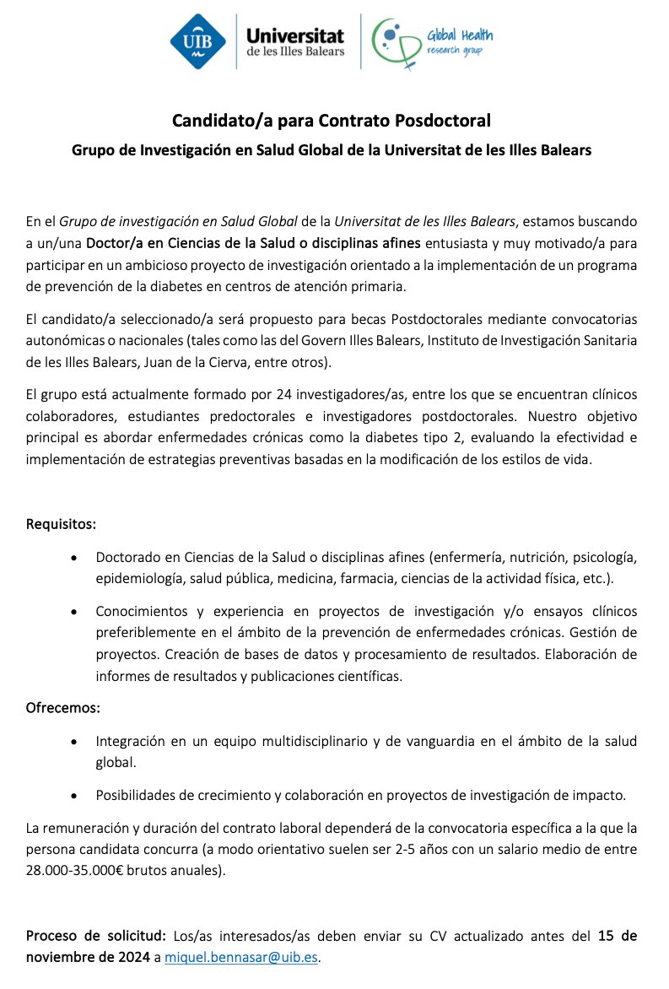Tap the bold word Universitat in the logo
[294, 35]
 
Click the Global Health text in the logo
[460, 35]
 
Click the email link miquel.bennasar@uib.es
[242, 958]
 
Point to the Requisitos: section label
[61, 524]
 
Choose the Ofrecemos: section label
[63, 706]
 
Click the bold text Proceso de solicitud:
[97, 936]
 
